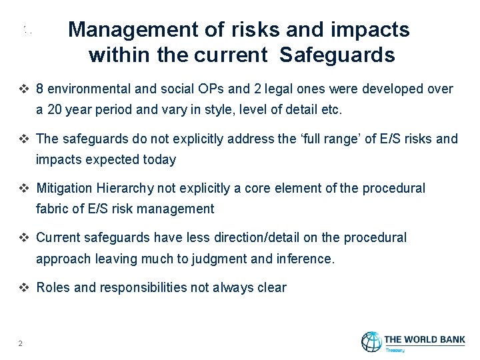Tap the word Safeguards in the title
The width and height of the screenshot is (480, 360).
click(x=337, y=55)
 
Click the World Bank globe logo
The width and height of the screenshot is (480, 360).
click(x=371, y=341)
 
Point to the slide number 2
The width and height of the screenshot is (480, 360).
click(x=21, y=343)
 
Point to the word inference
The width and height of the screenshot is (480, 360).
click(x=305, y=259)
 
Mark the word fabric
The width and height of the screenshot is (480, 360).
click(x=51, y=209)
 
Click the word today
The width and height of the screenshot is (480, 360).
click(x=159, y=159)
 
